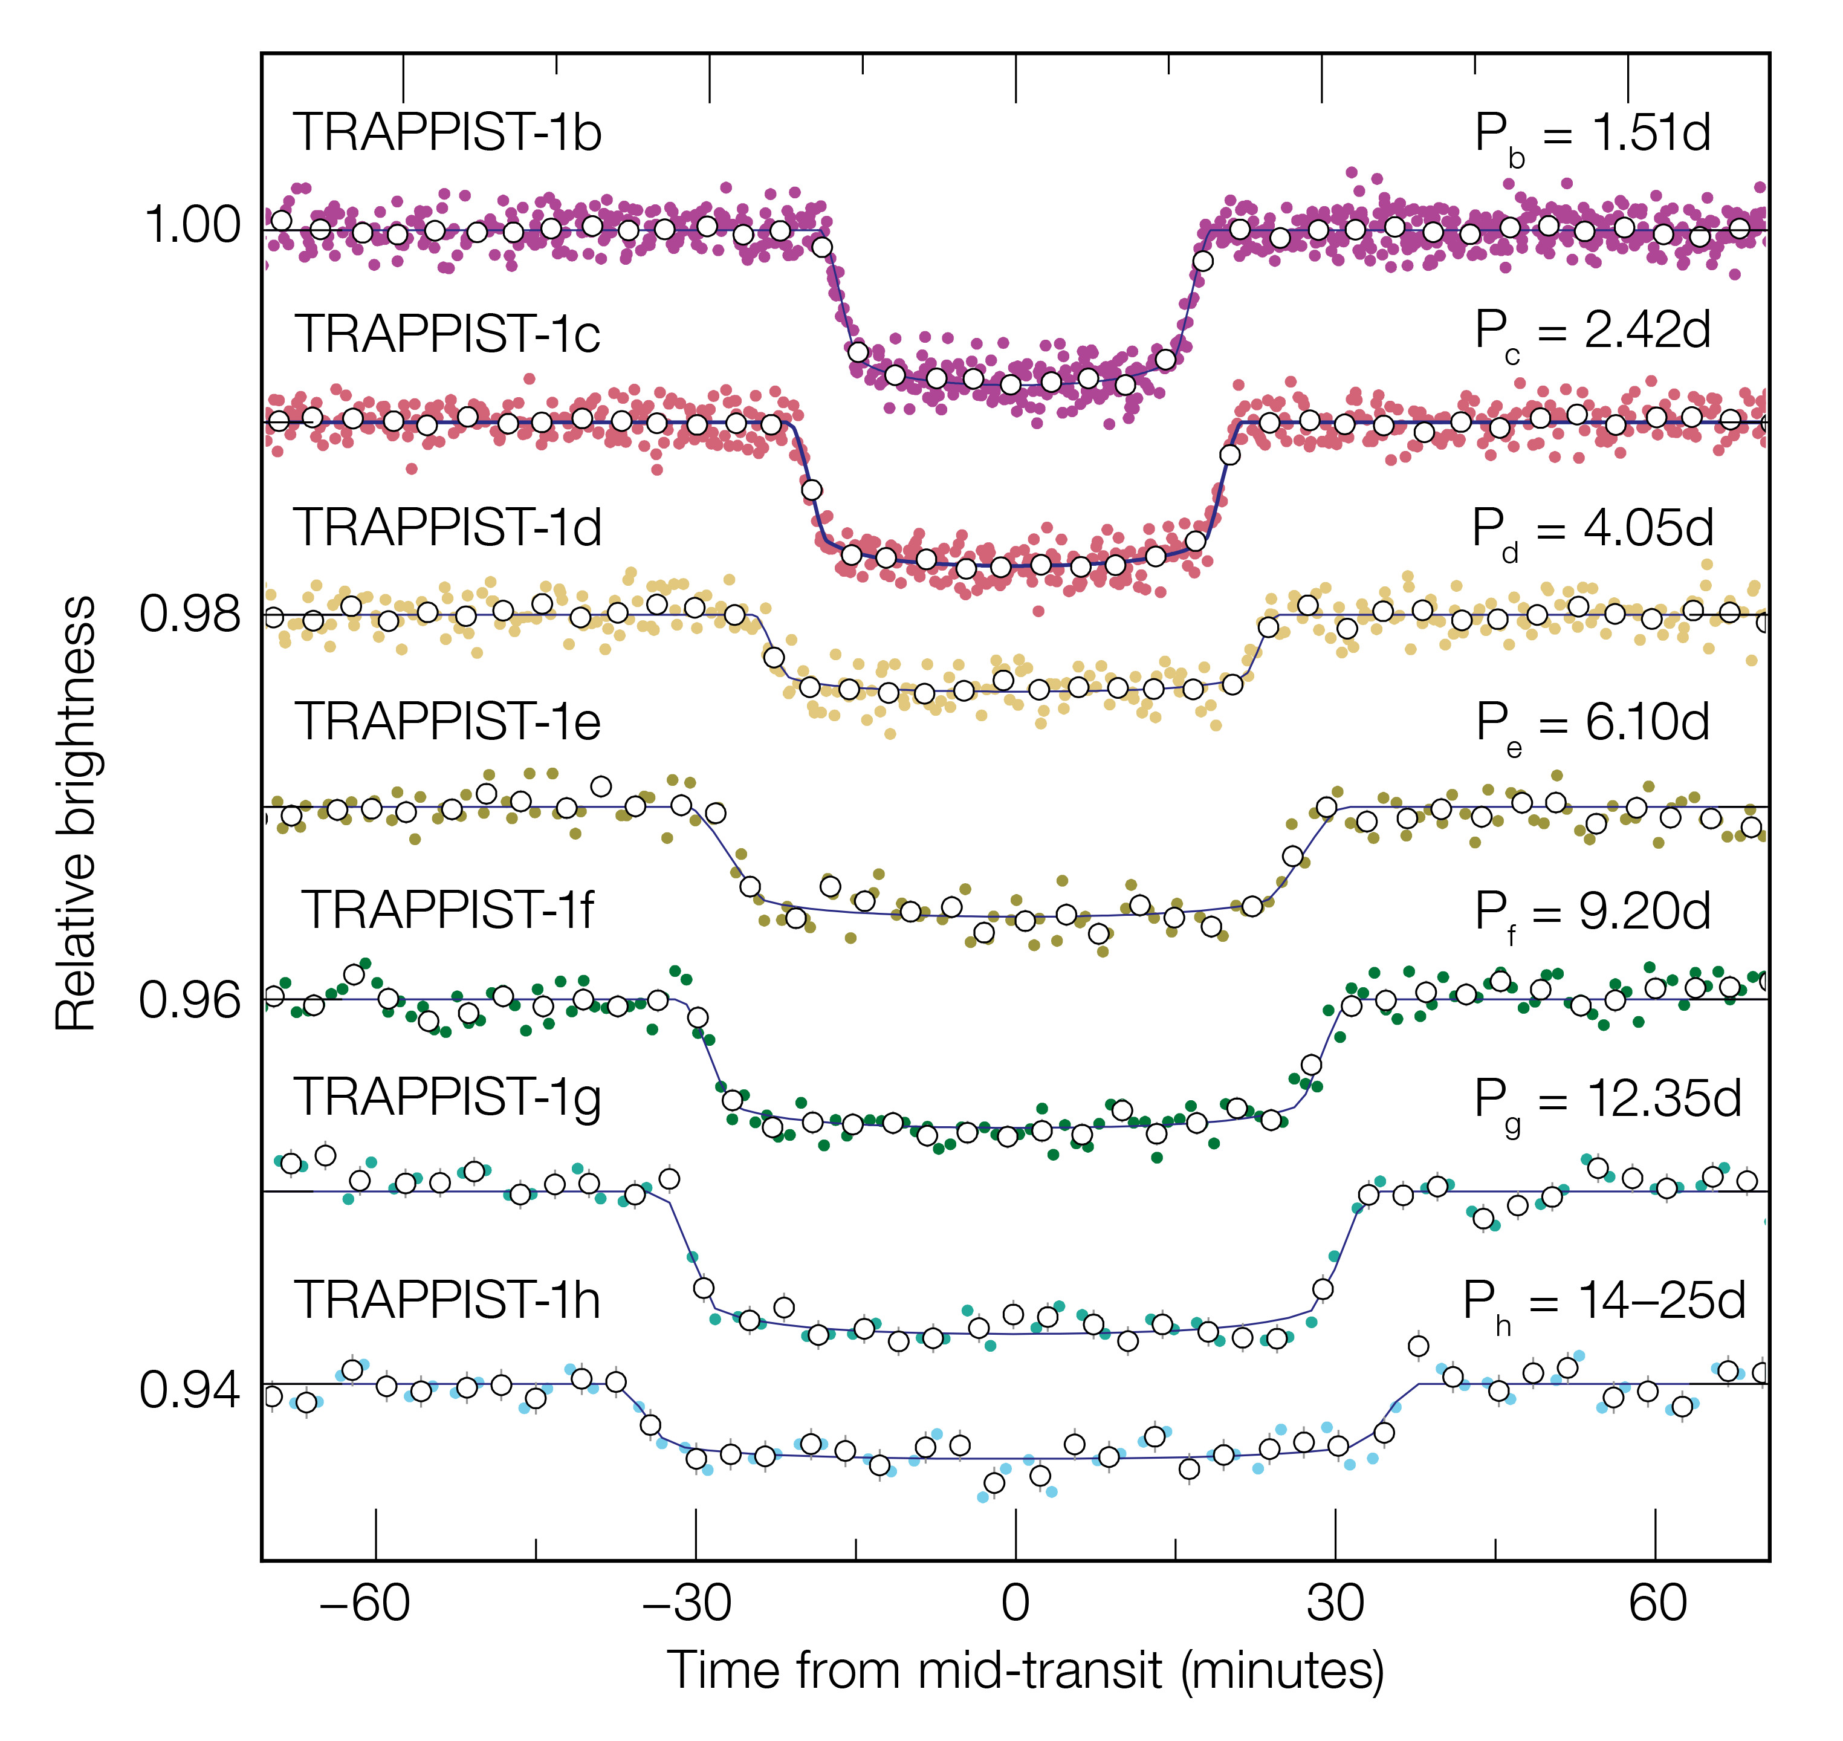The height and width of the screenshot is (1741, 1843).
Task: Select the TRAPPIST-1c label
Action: click(447, 334)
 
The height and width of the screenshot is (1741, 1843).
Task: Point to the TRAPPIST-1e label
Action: click(447, 721)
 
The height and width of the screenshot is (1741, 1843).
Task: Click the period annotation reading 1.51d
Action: click(1592, 135)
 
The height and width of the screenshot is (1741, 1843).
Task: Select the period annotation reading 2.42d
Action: click(1592, 332)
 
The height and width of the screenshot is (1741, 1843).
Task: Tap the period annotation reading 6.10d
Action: click(1592, 724)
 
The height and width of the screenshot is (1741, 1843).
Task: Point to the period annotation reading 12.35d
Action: click(1607, 1101)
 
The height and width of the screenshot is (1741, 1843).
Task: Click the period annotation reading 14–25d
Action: click(1604, 1302)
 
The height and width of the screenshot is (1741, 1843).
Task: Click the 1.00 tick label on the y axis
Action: click(191, 225)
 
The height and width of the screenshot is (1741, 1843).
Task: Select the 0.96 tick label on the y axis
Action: click(191, 1000)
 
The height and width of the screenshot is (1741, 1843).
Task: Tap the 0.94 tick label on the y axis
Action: click(191, 1390)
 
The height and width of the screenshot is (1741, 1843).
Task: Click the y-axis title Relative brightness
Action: click(76, 814)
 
